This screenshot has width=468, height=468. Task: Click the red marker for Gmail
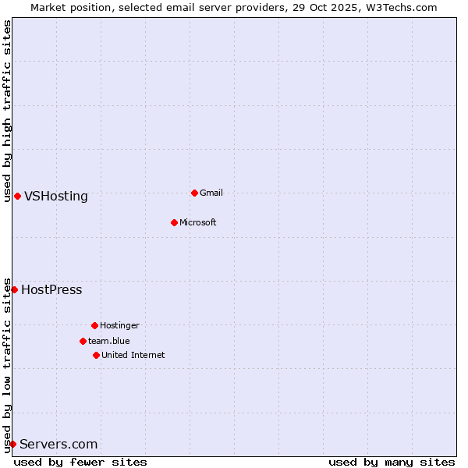point(194,193)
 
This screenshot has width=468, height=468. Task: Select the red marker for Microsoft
point(174,222)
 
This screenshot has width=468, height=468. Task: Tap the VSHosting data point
point(17,196)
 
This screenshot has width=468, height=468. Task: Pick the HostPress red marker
point(14,289)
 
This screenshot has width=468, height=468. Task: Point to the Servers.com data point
point(12,444)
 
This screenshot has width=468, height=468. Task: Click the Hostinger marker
point(94,325)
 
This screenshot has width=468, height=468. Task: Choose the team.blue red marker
point(83,341)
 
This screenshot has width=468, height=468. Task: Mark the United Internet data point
point(96,355)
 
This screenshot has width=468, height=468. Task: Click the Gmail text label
point(211,193)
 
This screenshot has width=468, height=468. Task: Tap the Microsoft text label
point(198,222)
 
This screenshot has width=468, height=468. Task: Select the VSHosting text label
point(56,196)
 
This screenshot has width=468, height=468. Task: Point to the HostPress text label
point(51,289)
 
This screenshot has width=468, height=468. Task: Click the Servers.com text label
point(58,444)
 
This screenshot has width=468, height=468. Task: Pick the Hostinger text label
point(119,325)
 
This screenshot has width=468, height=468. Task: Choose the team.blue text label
point(109,341)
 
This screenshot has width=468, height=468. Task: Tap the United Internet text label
point(133,355)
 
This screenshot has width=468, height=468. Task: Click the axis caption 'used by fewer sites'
point(80,462)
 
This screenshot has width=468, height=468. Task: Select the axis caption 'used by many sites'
point(392,462)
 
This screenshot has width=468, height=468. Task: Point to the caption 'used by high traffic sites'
point(7,111)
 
